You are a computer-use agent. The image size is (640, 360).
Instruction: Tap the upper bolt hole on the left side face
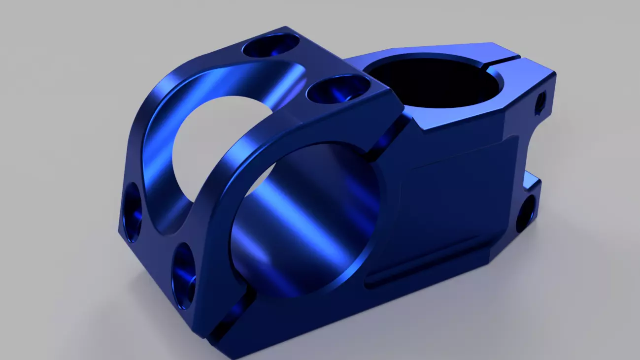(133, 212)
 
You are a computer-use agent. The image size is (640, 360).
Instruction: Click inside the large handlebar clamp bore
(305, 222)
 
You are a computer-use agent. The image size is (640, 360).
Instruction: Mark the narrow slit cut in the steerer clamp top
(507, 62)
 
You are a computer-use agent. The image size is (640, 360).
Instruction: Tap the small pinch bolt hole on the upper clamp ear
(541, 102)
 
